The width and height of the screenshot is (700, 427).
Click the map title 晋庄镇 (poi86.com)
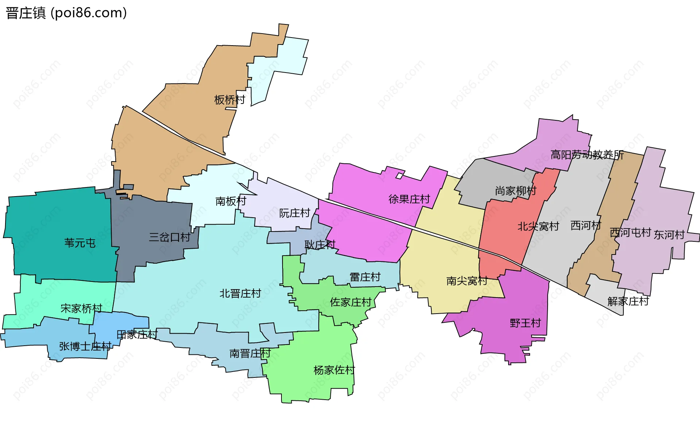[66, 13]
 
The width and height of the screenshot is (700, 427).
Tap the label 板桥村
[230, 100]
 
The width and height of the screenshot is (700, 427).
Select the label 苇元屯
[80, 243]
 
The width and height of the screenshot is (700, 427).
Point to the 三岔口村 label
[170, 237]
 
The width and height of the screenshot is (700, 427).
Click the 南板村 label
[231, 201]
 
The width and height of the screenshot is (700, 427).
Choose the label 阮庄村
[295, 213]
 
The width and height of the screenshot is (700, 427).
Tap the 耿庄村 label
[320, 244]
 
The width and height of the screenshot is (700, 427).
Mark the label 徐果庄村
[409, 199]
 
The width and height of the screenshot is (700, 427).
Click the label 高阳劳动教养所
[587, 155]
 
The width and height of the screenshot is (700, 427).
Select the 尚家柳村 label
[516, 191]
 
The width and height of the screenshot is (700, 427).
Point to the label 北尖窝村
[538, 226]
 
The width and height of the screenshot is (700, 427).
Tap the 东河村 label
[669, 235]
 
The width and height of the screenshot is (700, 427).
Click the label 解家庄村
[628, 301]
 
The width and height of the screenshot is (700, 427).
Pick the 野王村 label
[525, 323]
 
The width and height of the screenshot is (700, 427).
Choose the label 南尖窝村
[467, 281]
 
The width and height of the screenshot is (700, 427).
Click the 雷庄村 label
[365, 277]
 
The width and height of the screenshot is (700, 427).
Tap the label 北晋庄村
[240, 294]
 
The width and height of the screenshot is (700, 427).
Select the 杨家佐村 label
[334, 370]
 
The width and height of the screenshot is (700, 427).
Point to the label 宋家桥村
[81, 308]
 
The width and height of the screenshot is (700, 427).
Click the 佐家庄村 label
[350, 302]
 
